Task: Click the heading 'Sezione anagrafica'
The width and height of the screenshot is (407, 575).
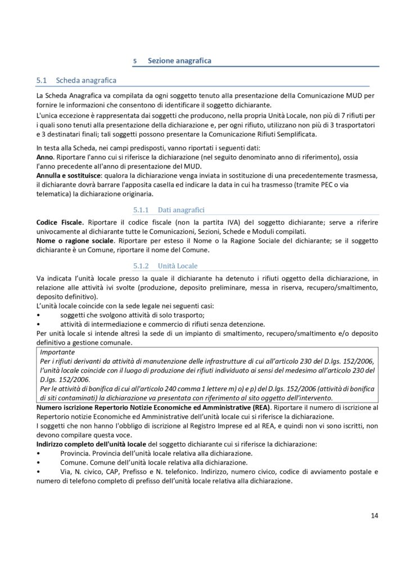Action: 179,60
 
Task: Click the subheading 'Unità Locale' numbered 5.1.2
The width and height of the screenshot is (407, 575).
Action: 178,265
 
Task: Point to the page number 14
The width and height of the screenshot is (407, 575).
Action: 374,515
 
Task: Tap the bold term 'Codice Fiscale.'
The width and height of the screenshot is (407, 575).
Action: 60,222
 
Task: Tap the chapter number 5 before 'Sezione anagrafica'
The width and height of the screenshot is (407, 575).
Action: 135,61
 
